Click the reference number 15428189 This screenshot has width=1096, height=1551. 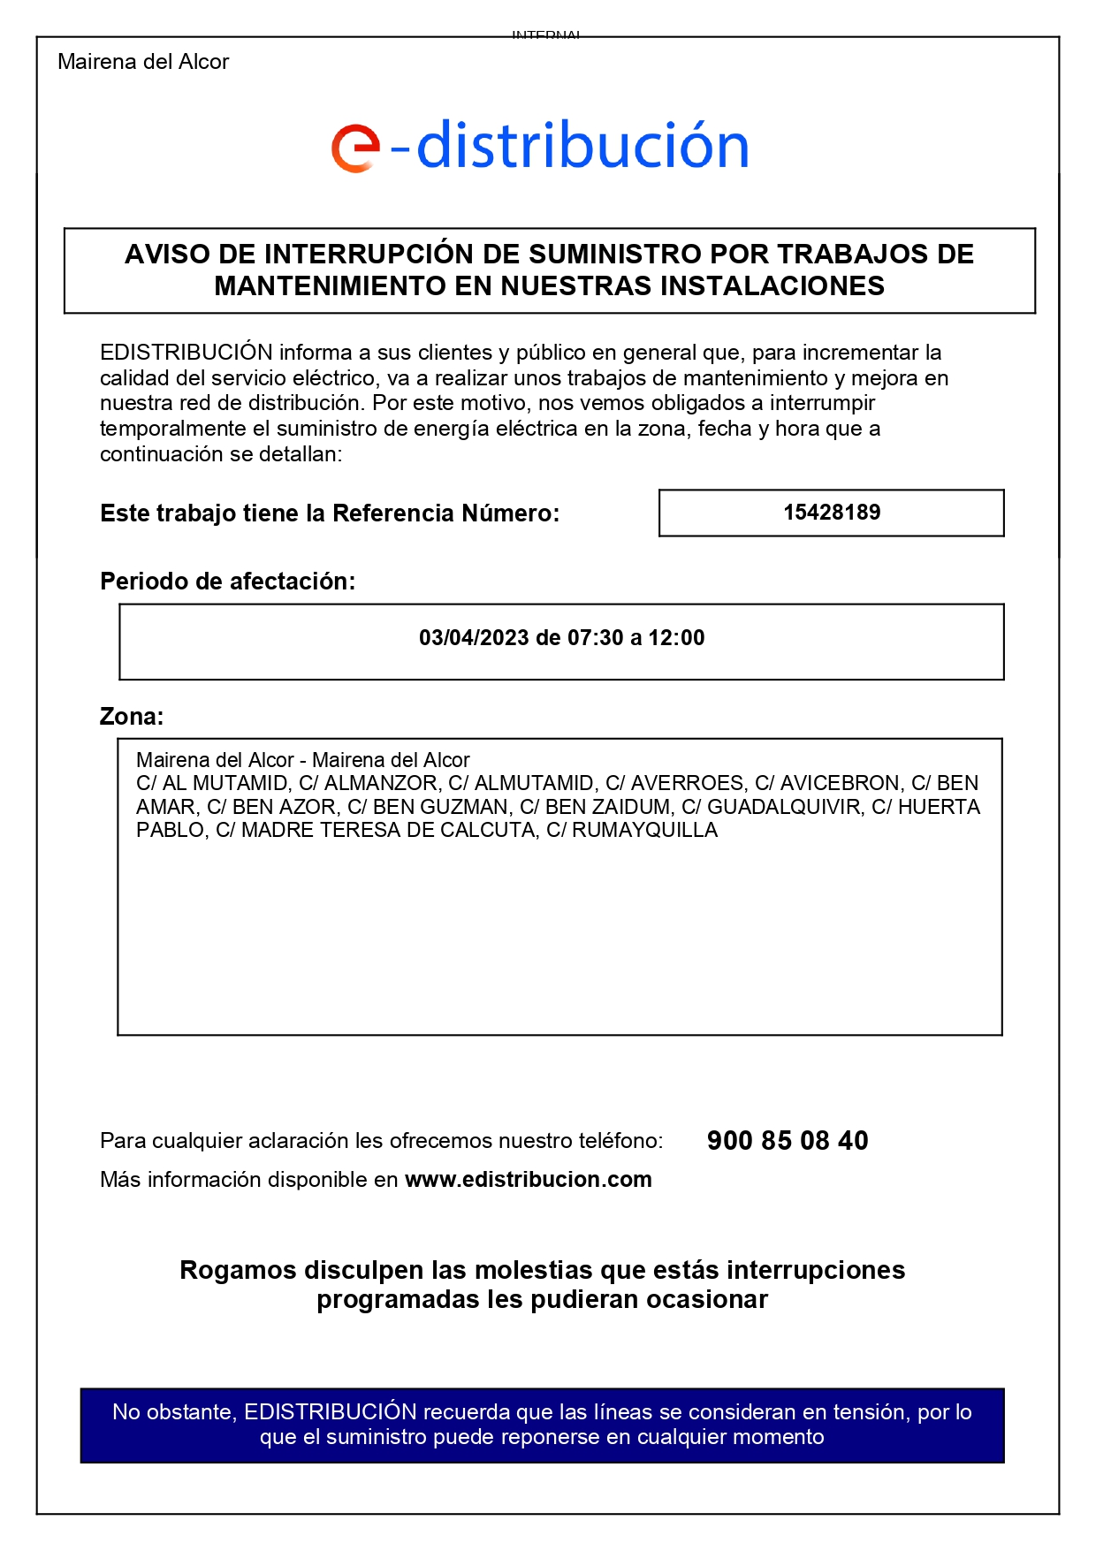832,513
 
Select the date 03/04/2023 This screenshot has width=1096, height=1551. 474,638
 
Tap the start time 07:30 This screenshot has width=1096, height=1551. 596,638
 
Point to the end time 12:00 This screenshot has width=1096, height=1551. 676,638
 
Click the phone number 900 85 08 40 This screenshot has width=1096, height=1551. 788,1141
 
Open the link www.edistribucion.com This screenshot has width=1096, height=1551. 529,1180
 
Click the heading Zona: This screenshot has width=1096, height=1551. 132,717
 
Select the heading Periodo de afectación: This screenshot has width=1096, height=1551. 227,582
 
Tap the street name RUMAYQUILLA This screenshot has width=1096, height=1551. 644,831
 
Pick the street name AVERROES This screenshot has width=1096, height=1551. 688,784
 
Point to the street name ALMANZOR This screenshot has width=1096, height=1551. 381,784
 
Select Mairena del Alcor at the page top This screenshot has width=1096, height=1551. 143,62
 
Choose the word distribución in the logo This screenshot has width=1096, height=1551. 582,146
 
